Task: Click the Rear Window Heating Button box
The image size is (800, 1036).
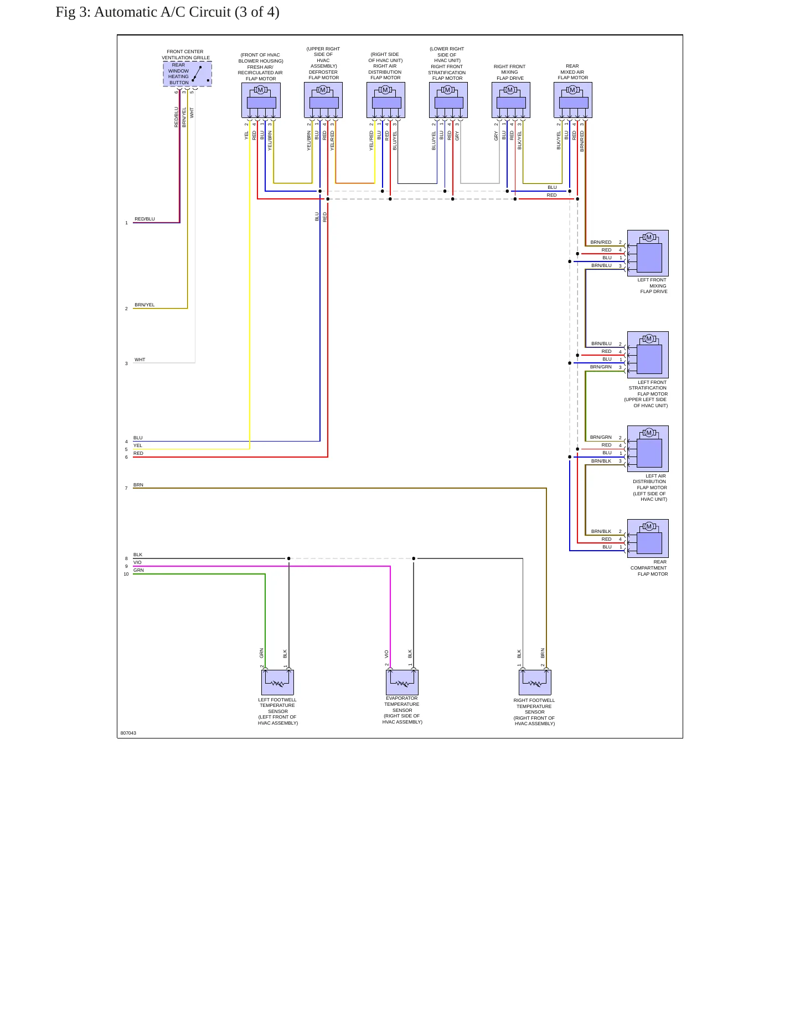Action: [x=187, y=74]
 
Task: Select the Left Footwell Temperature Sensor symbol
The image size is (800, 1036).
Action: [x=277, y=682]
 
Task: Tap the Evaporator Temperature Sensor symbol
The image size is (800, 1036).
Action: [x=402, y=682]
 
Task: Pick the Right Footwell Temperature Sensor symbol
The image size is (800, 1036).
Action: [x=535, y=682]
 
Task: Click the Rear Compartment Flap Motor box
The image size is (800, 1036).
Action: [x=648, y=538]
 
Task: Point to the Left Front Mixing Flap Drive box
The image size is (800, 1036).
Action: [x=648, y=253]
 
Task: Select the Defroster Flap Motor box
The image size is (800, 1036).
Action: [x=323, y=100]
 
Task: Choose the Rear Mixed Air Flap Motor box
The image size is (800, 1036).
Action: [x=573, y=100]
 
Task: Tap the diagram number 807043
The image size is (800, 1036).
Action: [x=128, y=733]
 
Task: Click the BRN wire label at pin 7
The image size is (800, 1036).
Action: [x=138, y=485]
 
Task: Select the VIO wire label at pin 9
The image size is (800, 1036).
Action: [x=137, y=562]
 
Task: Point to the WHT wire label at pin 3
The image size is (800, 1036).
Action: [x=140, y=360]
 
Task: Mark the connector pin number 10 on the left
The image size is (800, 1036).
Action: [x=126, y=574]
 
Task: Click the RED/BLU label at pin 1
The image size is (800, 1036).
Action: [x=145, y=219]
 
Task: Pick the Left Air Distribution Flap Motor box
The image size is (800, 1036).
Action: [x=648, y=449]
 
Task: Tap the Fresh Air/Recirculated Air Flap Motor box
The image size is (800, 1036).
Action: [x=261, y=100]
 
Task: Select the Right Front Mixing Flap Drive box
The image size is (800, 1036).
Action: [x=511, y=100]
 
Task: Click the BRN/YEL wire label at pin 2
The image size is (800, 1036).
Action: [x=145, y=305]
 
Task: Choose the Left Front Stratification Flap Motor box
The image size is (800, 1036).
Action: [x=648, y=355]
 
